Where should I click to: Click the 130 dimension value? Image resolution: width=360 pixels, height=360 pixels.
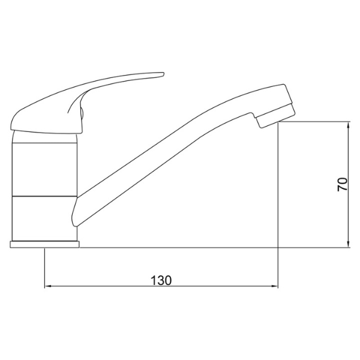pos(161,280)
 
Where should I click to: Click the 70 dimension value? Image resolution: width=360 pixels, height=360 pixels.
pos(343,184)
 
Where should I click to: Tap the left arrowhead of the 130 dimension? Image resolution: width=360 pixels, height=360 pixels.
pos(47,286)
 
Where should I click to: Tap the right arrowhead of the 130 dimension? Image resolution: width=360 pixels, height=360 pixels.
pos(275,286)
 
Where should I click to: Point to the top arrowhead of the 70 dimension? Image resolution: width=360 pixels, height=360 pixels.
pos(348,125)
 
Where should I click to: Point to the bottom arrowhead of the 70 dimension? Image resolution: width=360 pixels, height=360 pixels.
pos(348,244)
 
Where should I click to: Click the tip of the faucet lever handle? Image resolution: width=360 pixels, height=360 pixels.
pos(163,74)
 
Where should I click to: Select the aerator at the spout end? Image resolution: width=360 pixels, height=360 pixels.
pos(275,115)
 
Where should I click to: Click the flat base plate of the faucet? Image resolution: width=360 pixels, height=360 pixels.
pos(44,244)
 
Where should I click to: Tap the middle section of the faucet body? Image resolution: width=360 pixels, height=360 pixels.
pos(44,170)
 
